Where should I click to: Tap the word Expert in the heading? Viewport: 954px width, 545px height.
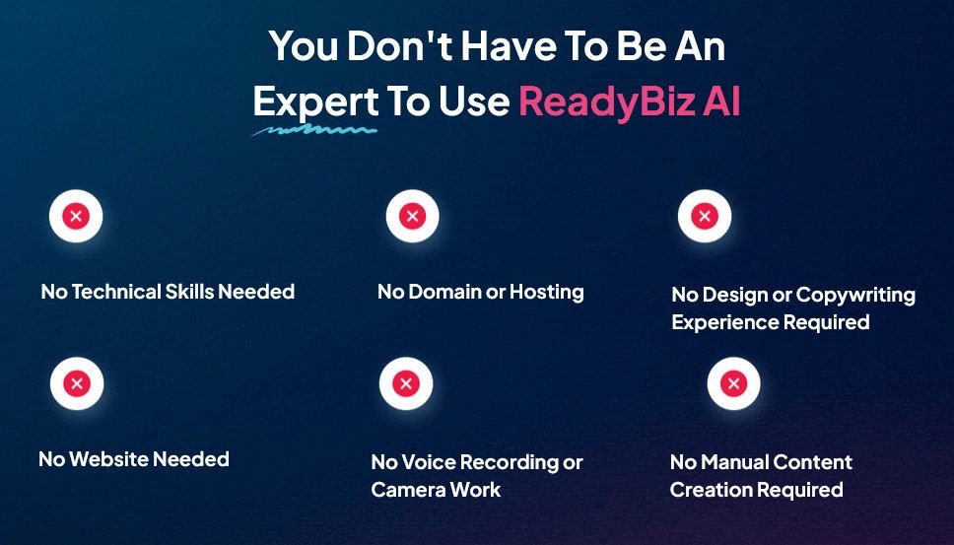tap(315, 102)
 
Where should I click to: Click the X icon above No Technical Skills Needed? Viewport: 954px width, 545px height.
tap(76, 217)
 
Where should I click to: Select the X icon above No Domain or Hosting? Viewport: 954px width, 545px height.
tap(412, 217)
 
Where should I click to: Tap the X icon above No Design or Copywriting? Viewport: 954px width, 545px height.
tap(704, 217)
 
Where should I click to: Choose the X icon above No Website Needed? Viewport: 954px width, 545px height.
tap(76, 384)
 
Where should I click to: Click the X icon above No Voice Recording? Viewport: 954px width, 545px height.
tap(405, 384)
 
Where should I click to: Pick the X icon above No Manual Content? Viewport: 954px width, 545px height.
tap(733, 384)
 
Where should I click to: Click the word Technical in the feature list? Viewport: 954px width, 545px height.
tap(119, 292)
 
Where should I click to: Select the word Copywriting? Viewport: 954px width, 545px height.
tap(855, 295)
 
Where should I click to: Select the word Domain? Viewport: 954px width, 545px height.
tap(443, 292)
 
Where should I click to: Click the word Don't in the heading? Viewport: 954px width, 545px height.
tap(397, 45)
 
